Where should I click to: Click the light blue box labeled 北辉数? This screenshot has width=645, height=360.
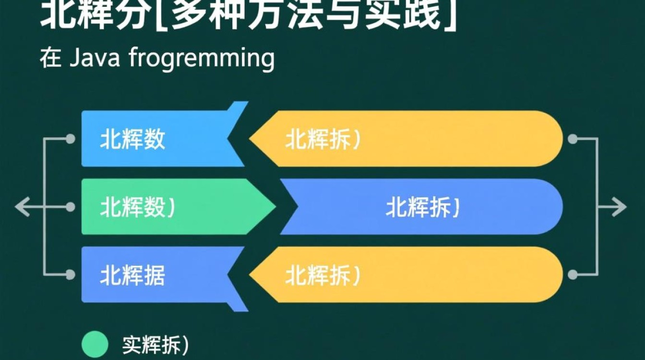[154, 139]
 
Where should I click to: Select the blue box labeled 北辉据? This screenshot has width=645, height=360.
[154, 275]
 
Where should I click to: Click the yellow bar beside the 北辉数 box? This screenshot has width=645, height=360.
[408, 139]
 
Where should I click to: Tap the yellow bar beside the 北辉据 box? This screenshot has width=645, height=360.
[408, 275]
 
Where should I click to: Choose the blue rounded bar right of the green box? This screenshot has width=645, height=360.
[422, 207]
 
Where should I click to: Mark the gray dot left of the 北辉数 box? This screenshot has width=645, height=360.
[71, 139]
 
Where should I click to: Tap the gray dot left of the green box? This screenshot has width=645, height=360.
[71, 207]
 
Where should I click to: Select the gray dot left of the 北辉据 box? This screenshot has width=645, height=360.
[71, 275]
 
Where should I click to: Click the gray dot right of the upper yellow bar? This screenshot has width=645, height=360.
[572, 139]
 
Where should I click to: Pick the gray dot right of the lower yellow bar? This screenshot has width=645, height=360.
[572, 275]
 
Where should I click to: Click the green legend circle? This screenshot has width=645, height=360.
[96, 344]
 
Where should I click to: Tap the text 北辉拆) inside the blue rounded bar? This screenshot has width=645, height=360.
[423, 207]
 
